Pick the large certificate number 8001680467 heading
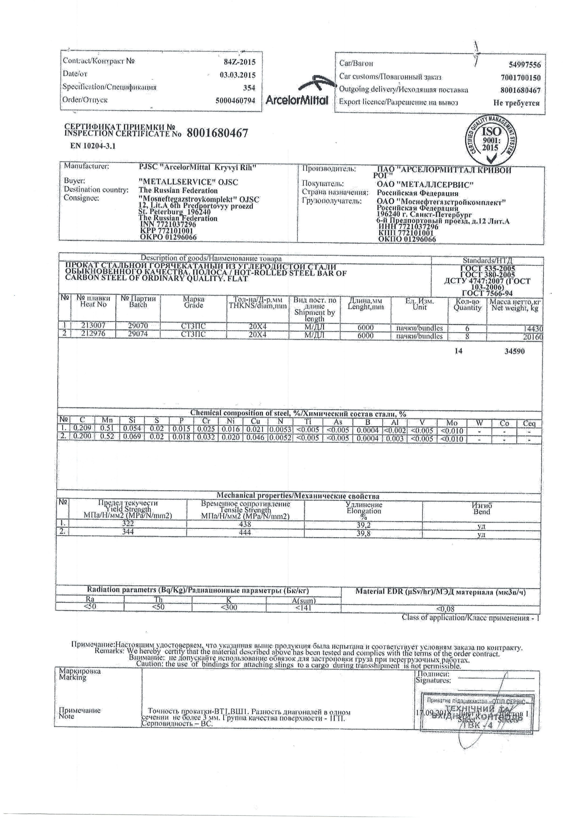coord(217,133)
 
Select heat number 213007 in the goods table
coord(94,325)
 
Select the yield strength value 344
coord(128,532)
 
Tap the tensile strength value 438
coord(245,524)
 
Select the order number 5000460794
coord(235,101)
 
